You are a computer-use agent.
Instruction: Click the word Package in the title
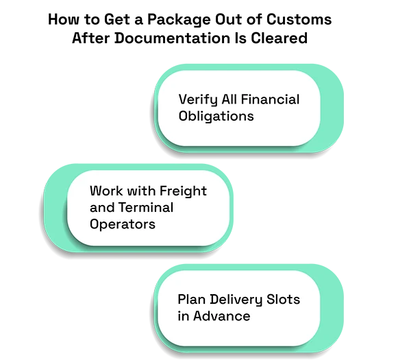point(179,20)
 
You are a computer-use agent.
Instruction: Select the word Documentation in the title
point(172,38)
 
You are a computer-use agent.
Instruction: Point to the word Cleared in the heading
point(279,38)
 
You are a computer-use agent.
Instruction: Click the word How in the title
point(64,20)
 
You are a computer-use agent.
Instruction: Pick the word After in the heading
point(91,38)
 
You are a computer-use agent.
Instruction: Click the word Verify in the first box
point(198,100)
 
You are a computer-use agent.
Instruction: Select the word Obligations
point(216,117)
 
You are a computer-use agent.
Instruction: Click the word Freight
point(184,191)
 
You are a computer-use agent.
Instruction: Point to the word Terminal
point(146,207)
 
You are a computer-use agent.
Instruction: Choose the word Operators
point(123,225)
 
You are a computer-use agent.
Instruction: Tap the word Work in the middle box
point(106,191)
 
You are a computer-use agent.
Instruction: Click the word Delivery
point(236,300)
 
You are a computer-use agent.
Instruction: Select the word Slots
point(283,299)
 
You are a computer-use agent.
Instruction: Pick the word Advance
point(221,316)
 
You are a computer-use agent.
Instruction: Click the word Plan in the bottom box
point(191,299)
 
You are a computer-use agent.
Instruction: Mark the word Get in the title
point(117,20)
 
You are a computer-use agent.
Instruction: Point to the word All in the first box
point(229,99)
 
